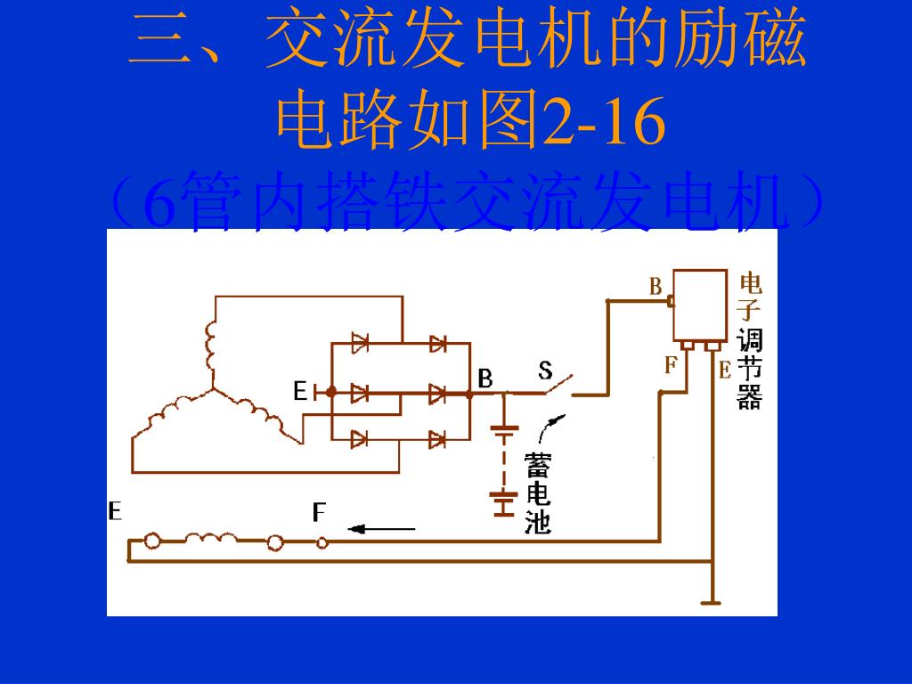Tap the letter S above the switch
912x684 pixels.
(x=545, y=370)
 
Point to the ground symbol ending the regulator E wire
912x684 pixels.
(x=710, y=602)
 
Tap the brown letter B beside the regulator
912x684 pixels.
(x=655, y=286)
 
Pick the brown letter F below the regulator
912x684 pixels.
(x=671, y=364)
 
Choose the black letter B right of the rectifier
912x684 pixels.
(x=485, y=379)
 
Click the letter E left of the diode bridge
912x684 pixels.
(x=300, y=391)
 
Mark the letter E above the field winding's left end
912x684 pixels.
(x=115, y=511)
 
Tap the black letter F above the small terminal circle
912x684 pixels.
(x=319, y=512)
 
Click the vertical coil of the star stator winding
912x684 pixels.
(x=211, y=347)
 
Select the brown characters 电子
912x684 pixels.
(x=750, y=297)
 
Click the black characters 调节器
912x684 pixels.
(x=750, y=369)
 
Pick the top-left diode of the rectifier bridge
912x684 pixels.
(x=360, y=343)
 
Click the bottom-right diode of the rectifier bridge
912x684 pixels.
(x=436, y=438)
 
